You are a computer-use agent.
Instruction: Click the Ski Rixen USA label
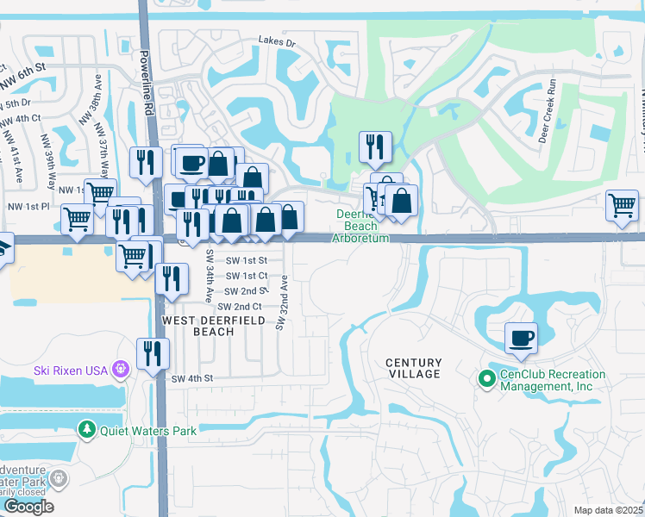[x=70, y=371]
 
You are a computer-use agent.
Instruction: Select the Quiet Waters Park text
[x=147, y=430]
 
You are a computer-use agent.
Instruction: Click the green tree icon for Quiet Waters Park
[x=86, y=429]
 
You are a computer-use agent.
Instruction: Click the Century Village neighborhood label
[x=413, y=368]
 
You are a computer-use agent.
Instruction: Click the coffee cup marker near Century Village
[x=521, y=338]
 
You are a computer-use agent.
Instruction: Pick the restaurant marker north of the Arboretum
[x=375, y=147]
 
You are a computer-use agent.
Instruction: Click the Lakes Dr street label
[x=277, y=41]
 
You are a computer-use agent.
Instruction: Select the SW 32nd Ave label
[x=281, y=302]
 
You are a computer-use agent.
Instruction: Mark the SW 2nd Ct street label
[x=240, y=307]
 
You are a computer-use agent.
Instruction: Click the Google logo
[x=28, y=507]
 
